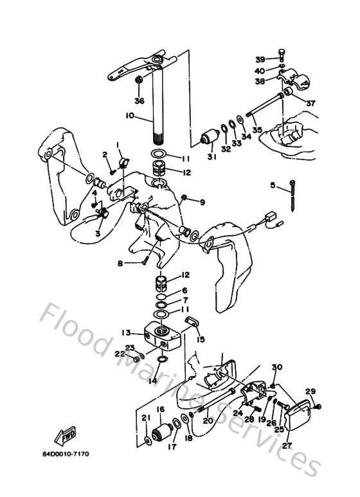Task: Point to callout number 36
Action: (x=139, y=100)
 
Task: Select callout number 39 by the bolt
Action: (x=259, y=59)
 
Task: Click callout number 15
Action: (x=201, y=339)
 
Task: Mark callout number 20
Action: (x=207, y=420)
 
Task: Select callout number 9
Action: (x=202, y=203)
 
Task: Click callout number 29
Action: (x=310, y=392)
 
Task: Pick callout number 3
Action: (x=98, y=234)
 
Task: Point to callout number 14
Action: (x=152, y=381)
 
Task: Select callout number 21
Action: (x=145, y=418)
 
